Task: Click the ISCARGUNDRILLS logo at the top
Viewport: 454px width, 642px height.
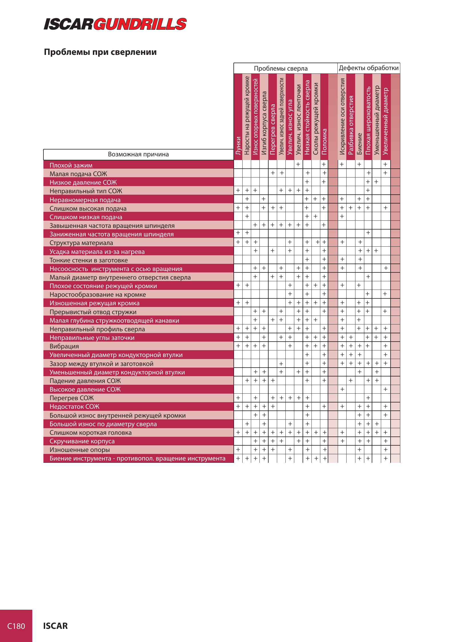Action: [x=115, y=24]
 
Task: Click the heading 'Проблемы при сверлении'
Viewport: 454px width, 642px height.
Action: [x=100, y=52]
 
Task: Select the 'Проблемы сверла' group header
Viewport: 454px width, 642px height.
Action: [x=281, y=69]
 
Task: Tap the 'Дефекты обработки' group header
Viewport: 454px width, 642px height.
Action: [x=369, y=68]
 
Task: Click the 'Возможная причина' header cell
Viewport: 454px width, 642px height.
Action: [x=138, y=154]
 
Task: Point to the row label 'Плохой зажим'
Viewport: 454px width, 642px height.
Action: [x=71, y=165]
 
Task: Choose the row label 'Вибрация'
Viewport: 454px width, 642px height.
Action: [x=64, y=346]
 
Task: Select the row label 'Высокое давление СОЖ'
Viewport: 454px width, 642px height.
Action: [x=85, y=390]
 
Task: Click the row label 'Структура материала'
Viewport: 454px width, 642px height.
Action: [x=81, y=243]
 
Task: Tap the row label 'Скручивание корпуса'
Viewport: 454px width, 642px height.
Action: [x=82, y=441]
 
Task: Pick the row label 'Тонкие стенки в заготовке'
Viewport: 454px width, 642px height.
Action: [x=89, y=260]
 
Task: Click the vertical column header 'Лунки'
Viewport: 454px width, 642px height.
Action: [x=238, y=146]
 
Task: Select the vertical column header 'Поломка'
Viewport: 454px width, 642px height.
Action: [x=325, y=142]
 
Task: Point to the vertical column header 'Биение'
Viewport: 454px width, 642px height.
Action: [x=359, y=144]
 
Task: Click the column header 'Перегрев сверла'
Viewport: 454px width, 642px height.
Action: [x=273, y=129]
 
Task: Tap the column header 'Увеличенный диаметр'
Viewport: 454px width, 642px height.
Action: [x=386, y=121]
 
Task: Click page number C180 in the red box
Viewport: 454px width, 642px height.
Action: [x=16, y=626]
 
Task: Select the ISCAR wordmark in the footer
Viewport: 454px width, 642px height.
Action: [x=55, y=626]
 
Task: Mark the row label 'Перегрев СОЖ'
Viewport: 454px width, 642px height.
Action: [x=72, y=398]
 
